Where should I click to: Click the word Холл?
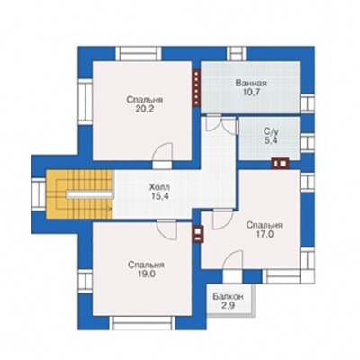(159, 187)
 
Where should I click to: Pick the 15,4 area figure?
(159, 197)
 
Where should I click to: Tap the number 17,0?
(265, 234)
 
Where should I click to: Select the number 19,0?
(146, 274)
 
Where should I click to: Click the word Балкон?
(228, 297)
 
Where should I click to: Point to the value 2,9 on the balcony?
(228, 306)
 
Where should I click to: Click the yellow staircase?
(79, 194)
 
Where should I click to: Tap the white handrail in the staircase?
(90, 194)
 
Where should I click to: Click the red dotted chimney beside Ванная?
(196, 88)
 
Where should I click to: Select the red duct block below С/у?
(281, 164)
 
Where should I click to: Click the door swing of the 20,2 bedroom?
(162, 153)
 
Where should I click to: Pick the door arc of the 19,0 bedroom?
(166, 230)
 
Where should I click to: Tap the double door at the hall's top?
(220, 123)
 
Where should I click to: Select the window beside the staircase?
(39, 194)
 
